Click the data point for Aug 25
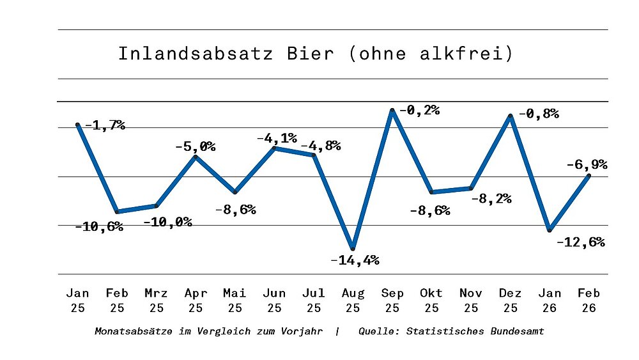[x=353, y=248]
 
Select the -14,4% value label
[x=355, y=260]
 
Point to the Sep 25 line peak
[x=392, y=111]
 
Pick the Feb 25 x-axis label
[x=117, y=300]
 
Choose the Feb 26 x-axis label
[x=589, y=300]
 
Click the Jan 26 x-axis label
[x=550, y=300]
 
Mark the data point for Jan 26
[x=550, y=230]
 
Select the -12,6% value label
[x=580, y=243]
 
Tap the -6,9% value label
[x=586, y=164]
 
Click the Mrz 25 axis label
[x=156, y=300]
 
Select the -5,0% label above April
[x=195, y=147]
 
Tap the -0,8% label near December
[x=538, y=114]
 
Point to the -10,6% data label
[x=99, y=227]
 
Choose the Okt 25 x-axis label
[x=431, y=300]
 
